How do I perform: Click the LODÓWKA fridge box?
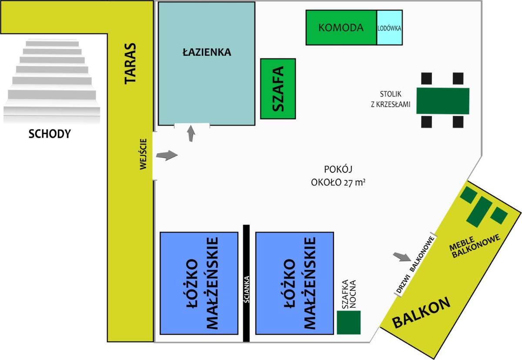coord(390,27)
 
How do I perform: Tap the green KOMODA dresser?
coord(341,27)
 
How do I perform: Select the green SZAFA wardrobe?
coord(278,89)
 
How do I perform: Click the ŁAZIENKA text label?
coord(207,52)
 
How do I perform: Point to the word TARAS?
coord(130,64)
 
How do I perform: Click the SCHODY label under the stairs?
coord(50,134)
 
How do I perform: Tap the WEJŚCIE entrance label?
coord(143,154)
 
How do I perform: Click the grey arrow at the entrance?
coord(167,155)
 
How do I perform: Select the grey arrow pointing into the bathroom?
coord(191,133)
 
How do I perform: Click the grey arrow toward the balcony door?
coord(402,257)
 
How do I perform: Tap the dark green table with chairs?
coord(443,101)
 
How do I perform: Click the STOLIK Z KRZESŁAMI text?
coord(391,99)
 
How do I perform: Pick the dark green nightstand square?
coord(348,323)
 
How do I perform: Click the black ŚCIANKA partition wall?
coord(246,283)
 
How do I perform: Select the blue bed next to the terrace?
coord(199,283)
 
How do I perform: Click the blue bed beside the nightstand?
coord(294,283)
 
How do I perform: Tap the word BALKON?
coord(422,313)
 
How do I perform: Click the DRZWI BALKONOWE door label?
coord(416,265)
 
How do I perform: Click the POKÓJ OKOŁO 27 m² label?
coord(338,176)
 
